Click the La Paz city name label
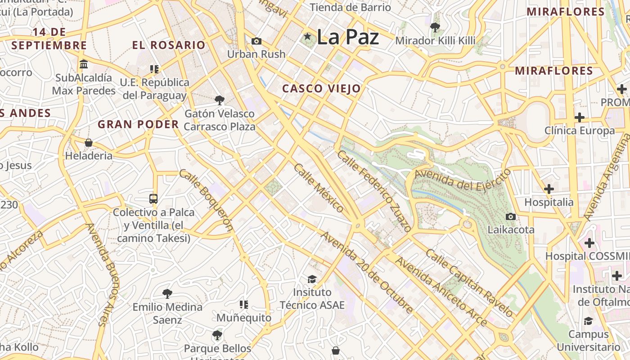click(347, 37)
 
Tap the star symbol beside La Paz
click(308, 36)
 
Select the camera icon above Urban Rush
click(256, 41)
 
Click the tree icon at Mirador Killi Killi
click(435, 27)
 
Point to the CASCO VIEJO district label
click(321, 89)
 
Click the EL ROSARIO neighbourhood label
click(169, 45)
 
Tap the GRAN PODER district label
click(138, 124)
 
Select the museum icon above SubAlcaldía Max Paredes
click(84, 64)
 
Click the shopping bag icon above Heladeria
click(89, 143)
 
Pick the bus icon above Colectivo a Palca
click(153, 198)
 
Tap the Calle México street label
click(319, 188)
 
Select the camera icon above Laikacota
click(510, 217)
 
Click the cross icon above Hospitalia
click(549, 189)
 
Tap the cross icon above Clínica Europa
click(580, 118)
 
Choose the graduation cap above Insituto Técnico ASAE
click(312, 279)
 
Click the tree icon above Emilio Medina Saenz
click(167, 294)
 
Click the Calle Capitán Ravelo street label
click(469, 283)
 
